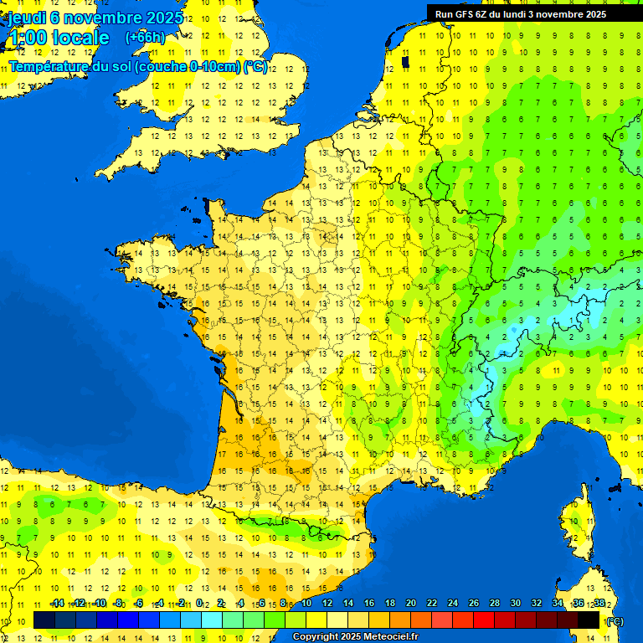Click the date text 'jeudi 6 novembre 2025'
[96, 18]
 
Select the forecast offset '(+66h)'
[145, 38]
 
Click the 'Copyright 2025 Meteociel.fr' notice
[354, 637]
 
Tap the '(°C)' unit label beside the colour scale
[615, 620]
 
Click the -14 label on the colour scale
[57, 603]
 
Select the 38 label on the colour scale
[599, 603]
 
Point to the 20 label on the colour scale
[410, 603]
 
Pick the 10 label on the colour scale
[306, 603]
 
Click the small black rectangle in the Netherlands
[405, 61]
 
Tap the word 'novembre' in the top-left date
[105, 18]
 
